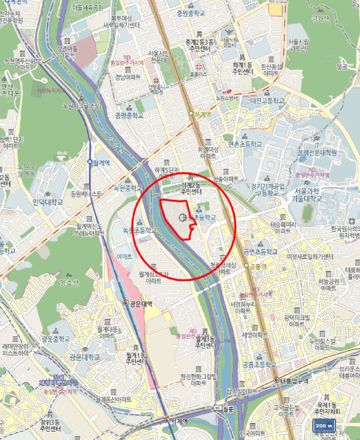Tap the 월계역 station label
101,162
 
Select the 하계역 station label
202,115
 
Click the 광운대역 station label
141,304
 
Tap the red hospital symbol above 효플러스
199,66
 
